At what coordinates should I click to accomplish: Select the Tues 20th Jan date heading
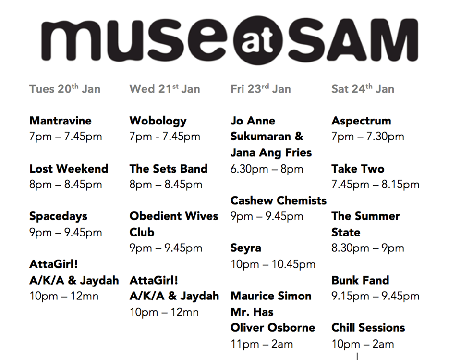pos(65,89)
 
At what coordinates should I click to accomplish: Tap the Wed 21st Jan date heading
pos(165,89)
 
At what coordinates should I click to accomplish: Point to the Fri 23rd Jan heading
pos(261,89)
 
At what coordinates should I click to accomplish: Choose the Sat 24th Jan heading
pos(363,89)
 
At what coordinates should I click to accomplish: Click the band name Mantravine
pos(61,121)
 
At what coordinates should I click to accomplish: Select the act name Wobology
pos(158,121)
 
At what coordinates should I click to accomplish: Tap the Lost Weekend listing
pos(69,169)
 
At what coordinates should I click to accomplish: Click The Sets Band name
pos(169,169)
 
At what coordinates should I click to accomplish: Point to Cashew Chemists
pos(279,200)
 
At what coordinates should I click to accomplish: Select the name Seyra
pos(246,248)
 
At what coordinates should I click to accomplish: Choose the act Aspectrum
pos(361,121)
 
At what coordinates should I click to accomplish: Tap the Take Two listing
pos(358,169)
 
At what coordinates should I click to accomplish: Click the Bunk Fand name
pos(360,280)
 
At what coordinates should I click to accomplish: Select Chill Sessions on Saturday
pos(368,328)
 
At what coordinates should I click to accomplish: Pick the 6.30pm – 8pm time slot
pos(267,169)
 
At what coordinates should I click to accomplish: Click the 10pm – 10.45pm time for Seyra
pos(273,264)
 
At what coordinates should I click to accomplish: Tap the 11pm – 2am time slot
pos(262,344)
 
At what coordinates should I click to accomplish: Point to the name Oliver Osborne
pos(273,328)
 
